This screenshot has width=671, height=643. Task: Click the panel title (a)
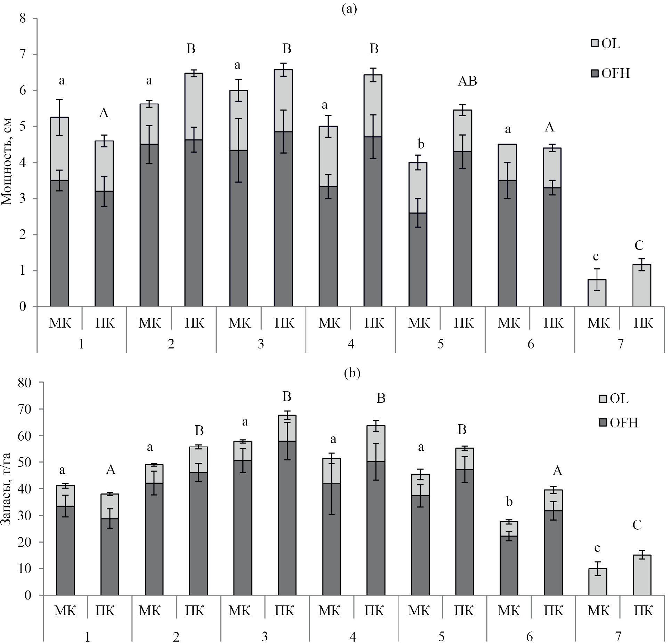[x=349, y=9]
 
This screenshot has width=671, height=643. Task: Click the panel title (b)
[x=352, y=373]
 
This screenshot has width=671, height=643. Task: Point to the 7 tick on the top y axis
[x=23, y=55]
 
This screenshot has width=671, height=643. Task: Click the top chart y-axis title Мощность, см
[x=7, y=162]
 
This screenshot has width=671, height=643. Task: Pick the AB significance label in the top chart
[x=467, y=81]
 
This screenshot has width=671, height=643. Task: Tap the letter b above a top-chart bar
[x=421, y=144]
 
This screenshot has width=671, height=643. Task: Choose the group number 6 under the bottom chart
[x=529, y=637]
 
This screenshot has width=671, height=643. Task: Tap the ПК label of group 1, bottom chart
[x=105, y=611]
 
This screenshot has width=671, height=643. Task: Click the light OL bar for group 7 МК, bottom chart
[x=597, y=582]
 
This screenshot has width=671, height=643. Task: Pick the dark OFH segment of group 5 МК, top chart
[x=418, y=259]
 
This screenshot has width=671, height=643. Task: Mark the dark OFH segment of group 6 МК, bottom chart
[x=509, y=565]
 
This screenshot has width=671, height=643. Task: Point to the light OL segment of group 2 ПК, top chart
[x=194, y=106]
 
